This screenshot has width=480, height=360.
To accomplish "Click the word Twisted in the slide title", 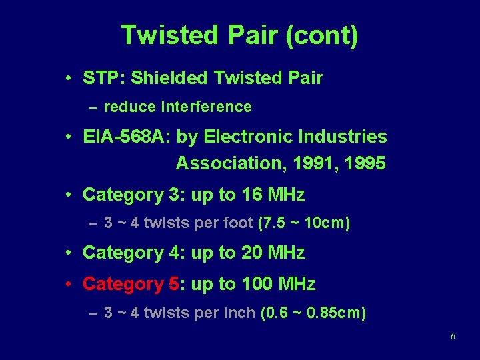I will click(167, 35).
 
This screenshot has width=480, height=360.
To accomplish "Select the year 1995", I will click(363, 163).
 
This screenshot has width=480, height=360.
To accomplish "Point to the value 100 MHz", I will click(278, 284).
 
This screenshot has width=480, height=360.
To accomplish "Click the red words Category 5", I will click(131, 284).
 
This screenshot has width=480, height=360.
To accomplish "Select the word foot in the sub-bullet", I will click(238, 223).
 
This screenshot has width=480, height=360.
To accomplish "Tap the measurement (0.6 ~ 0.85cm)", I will click(312, 313).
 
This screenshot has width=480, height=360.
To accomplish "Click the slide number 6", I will click(453, 337).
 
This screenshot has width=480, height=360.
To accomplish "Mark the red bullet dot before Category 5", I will click(69, 284).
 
